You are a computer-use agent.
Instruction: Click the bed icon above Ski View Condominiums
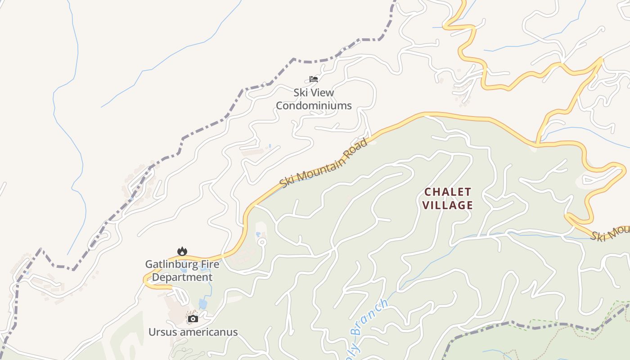point(314,79)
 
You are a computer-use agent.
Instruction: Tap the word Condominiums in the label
point(314,106)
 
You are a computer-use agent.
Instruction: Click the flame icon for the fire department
point(182,251)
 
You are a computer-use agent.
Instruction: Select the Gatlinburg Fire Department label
point(182,270)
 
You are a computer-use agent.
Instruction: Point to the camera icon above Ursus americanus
point(193,319)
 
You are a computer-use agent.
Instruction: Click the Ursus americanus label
point(193,332)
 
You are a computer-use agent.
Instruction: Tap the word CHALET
point(448,192)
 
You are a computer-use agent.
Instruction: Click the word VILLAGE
point(448,205)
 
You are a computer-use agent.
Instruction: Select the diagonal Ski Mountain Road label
point(323,163)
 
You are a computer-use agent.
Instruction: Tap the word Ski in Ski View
point(301,93)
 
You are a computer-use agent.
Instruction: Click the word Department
point(182,277)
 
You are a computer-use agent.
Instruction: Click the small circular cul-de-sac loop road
point(262,243)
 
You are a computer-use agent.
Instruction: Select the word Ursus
point(162,332)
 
